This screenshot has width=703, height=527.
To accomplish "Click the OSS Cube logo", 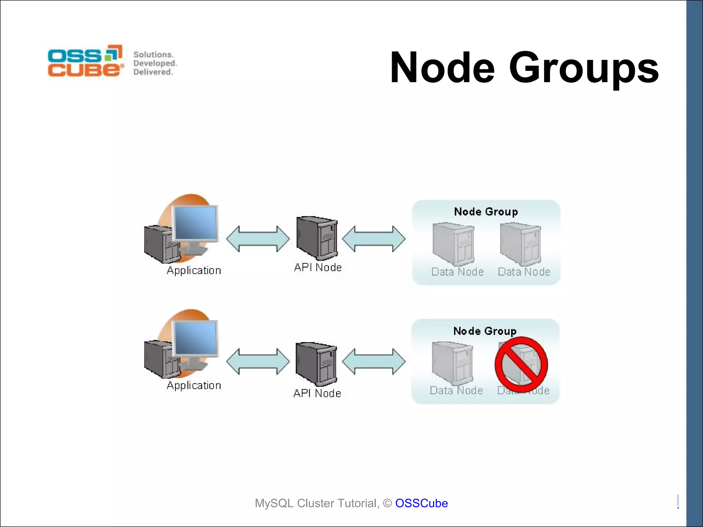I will pyautogui.click(x=85, y=61).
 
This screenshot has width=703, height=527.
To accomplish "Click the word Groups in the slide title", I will pyautogui.click(x=583, y=68).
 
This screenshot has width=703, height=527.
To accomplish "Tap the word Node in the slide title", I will pyautogui.click(x=442, y=68).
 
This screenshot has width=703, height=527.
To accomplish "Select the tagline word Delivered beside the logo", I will pyautogui.click(x=153, y=72).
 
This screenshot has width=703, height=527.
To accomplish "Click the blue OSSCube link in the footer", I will pyautogui.click(x=421, y=503).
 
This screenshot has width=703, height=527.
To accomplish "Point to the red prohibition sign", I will pyautogui.click(x=521, y=364).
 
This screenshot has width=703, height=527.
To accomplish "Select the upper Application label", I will pyautogui.click(x=194, y=270).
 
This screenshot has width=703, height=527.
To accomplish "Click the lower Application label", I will pyautogui.click(x=194, y=385).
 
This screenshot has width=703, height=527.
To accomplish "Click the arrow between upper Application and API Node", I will pyautogui.click(x=258, y=239).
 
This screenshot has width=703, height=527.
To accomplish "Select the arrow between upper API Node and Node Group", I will pyautogui.click(x=374, y=239).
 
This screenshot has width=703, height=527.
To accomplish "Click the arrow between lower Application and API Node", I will pyautogui.click(x=258, y=361).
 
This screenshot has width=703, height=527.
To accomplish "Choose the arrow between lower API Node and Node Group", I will pyautogui.click(x=374, y=361).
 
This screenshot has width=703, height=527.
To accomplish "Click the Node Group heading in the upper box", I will pyautogui.click(x=486, y=212).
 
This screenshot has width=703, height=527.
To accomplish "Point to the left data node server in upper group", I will pyautogui.click(x=453, y=244).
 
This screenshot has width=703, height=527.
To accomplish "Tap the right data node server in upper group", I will pyautogui.click(x=520, y=244).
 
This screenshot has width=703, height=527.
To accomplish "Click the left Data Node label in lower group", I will pyautogui.click(x=456, y=390).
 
